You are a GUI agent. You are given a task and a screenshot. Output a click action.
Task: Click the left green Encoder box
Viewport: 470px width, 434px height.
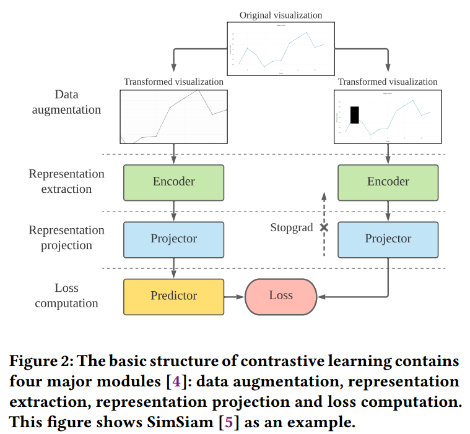pyautogui.click(x=173, y=182)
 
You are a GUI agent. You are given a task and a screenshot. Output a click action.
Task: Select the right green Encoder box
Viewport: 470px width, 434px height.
pyautogui.click(x=388, y=182)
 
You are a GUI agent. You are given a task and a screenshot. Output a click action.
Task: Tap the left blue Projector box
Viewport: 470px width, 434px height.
pyautogui.click(x=173, y=239)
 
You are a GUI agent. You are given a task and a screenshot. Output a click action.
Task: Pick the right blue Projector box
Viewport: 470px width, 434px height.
pyautogui.click(x=388, y=239)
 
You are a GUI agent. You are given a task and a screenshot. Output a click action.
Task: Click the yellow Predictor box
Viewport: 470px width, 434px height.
pyautogui.click(x=173, y=296)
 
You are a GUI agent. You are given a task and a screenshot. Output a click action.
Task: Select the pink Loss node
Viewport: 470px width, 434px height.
pyautogui.click(x=281, y=296)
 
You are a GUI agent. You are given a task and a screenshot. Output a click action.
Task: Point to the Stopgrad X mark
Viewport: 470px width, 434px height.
pyautogui.click(x=323, y=228)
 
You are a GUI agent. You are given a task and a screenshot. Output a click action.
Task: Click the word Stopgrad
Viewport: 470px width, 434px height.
pyautogui.click(x=291, y=228)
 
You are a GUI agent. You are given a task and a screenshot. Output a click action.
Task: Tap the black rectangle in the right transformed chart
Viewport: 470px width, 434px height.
pyautogui.click(x=354, y=115)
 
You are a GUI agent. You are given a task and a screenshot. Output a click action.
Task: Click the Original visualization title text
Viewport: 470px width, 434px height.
pyautogui.click(x=281, y=15)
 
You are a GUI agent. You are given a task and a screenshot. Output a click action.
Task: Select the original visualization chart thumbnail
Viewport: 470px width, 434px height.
pyautogui.click(x=281, y=48)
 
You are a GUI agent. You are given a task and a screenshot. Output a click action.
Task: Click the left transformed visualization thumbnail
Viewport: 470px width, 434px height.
pyautogui.click(x=173, y=116)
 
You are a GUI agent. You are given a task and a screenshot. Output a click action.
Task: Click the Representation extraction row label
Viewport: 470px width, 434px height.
pyautogui.click(x=66, y=181)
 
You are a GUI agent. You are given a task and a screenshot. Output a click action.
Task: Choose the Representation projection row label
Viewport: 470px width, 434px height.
pyautogui.click(x=66, y=237)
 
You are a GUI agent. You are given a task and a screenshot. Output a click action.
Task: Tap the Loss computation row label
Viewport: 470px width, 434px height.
pyautogui.click(x=66, y=296)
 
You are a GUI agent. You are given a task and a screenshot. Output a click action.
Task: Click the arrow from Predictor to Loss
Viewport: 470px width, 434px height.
pyautogui.click(x=234, y=296)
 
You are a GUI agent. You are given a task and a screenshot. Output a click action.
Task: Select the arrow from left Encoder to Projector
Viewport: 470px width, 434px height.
pyautogui.click(x=173, y=211)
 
